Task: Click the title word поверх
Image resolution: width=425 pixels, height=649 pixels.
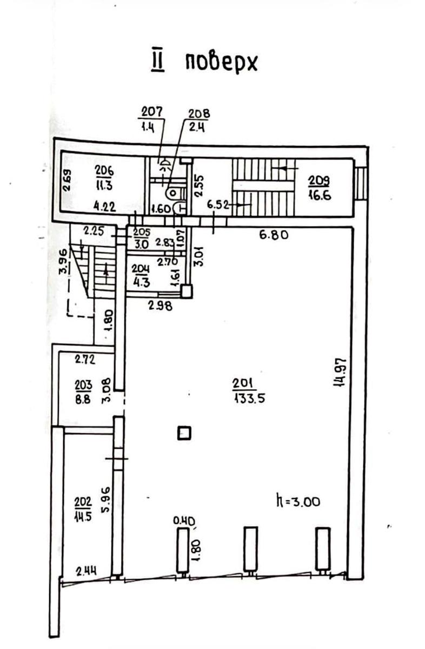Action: (221, 62)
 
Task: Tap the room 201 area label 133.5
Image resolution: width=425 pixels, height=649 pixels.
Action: (249, 399)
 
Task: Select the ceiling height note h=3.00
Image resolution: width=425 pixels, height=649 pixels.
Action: (298, 501)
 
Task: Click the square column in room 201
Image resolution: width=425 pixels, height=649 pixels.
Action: (184, 433)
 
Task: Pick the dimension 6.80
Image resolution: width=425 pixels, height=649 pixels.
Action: (274, 234)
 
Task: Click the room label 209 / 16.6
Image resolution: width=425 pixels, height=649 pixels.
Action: (319, 188)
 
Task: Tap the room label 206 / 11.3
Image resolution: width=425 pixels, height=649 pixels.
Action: (104, 178)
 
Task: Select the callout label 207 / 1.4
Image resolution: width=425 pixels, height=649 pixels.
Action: (151, 120)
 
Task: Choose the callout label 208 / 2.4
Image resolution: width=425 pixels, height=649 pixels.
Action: (198, 121)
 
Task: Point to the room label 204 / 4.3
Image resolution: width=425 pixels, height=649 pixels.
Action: (141, 275)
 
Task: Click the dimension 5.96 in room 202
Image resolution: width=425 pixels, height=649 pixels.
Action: (106, 500)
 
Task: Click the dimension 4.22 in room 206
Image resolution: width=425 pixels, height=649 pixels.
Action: (104, 207)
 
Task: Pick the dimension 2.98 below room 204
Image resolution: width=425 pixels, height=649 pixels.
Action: (160, 306)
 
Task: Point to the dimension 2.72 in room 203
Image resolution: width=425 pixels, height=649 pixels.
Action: (85, 360)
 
